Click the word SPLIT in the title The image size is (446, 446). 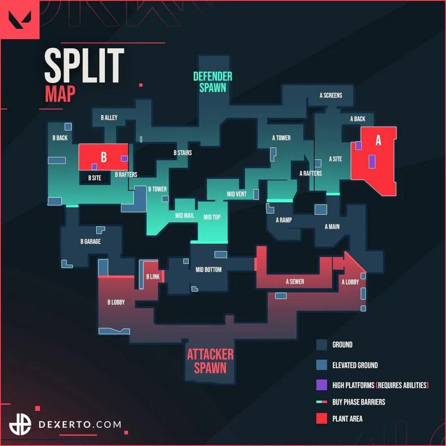(x=84, y=66)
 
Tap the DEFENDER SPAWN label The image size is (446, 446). (x=213, y=82)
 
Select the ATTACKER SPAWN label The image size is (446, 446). (x=210, y=361)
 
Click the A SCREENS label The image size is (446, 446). (x=331, y=95)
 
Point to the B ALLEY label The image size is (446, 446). (x=109, y=118)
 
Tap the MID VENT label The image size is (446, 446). (x=237, y=194)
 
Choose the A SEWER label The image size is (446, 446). (x=295, y=282)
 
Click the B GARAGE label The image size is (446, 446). (x=90, y=242)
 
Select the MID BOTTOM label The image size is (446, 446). (x=209, y=270)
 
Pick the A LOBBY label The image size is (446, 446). (x=350, y=282)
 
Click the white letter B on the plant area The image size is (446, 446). (x=104, y=157)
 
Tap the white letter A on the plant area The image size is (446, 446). (x=378, y=141)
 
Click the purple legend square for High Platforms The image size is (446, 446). (x=322, y=385)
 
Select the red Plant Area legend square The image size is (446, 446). (x=322, y=418)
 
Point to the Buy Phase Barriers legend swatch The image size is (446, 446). (x=322, y=402)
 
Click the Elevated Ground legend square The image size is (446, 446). (x=322, y=365)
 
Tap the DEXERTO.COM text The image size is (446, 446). (x=80, y=424)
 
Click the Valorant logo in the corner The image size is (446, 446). (x=19, y=19)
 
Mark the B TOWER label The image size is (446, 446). (x=157, y=189)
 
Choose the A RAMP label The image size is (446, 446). (x=284, y=220)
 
